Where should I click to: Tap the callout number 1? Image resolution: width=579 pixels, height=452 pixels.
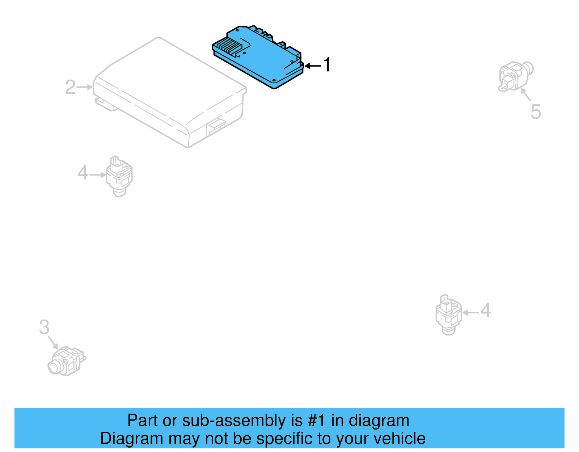coord(327,65)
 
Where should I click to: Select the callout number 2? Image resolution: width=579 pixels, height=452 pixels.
coord(70,87)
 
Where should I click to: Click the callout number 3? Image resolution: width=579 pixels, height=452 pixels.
coord(44,327)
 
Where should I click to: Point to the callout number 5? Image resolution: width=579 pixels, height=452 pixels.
coord(536,111)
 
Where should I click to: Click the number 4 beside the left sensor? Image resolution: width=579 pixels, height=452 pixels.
coord(83,173)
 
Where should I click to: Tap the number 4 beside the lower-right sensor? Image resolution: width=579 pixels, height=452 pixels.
coord(486,311)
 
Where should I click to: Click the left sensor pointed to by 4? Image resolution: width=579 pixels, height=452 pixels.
coord(119,176)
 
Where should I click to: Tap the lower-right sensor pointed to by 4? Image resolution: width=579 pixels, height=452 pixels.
coord(448,314)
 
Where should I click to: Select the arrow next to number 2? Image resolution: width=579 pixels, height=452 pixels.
coord(85,87)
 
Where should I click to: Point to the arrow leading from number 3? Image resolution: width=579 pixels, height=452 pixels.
coord(53,342)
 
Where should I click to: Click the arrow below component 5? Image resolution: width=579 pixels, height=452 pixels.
coord(526,94)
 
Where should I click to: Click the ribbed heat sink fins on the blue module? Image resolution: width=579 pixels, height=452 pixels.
coord(229,47)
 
